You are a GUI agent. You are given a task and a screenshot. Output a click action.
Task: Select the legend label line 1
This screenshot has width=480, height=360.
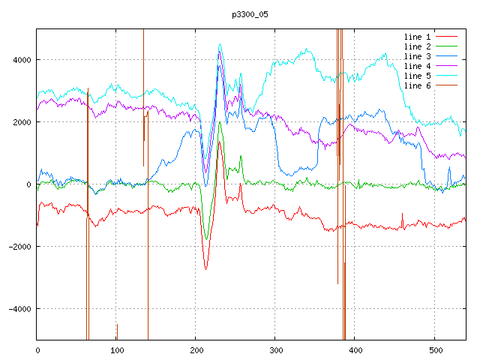(417, 37)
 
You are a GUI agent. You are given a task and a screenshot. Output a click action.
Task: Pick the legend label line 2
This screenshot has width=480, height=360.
(417, 46)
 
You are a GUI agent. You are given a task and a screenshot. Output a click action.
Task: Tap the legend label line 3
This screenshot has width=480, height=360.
(417, 56)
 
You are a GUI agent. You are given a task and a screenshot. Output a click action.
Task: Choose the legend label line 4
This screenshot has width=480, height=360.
(417, 66)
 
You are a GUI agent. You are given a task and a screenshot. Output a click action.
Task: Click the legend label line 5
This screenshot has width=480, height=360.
(417, 76)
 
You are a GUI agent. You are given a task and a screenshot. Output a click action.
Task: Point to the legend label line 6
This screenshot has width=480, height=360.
(417, 85)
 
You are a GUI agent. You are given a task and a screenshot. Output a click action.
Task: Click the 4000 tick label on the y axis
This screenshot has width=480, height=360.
(20, 60)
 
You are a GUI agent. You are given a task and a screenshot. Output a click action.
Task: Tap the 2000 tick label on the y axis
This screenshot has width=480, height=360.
(20, 122)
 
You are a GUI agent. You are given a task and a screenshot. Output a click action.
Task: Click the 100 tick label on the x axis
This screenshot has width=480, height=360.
(116, 349)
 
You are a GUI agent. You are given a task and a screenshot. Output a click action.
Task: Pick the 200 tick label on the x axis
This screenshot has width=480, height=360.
(196, 349)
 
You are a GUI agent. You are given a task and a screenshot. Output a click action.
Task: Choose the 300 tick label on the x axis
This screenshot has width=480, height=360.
(275, 349)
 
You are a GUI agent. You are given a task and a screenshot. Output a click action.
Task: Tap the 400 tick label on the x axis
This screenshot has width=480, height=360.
(355, 349)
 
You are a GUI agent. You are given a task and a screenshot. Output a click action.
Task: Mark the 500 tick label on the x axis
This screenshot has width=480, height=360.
(434, 349)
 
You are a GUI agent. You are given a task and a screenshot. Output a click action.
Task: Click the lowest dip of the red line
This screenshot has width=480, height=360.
(205, 268)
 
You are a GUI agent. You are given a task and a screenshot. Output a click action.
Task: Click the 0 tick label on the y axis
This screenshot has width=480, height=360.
(29, 184)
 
